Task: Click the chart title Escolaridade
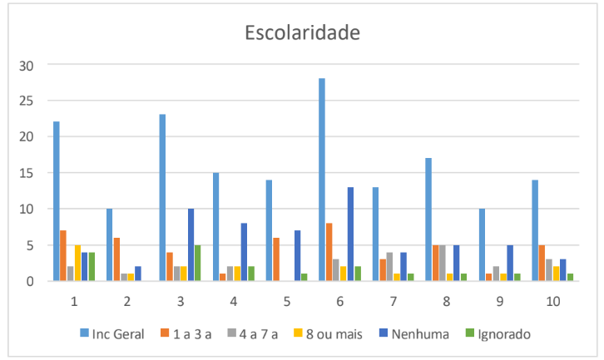[302, 33]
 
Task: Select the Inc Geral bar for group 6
[322, 180]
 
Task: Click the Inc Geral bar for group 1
[57, 201]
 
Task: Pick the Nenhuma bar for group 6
[350, 234]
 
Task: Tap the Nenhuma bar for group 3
[191, 244]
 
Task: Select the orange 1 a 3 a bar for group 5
[276, 259]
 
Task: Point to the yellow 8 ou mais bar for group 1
[77, 263]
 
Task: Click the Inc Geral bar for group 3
[162, 198]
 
